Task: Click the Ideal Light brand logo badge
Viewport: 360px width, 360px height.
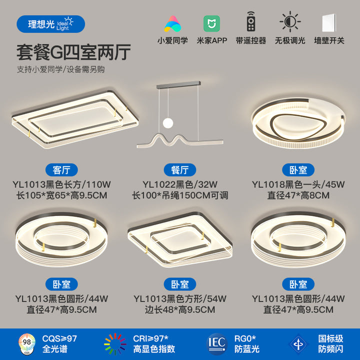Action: coord(50,24)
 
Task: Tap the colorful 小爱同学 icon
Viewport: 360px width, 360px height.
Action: coord(172,24)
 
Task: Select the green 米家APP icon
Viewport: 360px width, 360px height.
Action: coord(211,23)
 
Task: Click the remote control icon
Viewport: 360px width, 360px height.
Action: coord(251,21)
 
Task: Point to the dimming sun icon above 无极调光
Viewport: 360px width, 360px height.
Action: coord(290,21)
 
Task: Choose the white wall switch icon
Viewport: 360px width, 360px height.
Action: coord(329,23)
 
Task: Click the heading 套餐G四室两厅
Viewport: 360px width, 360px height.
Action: coord(73,52)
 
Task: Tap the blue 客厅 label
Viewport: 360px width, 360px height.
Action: coord(61,170)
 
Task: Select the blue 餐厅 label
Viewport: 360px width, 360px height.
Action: coord(180,170)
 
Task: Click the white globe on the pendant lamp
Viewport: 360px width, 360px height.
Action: coord(168,123)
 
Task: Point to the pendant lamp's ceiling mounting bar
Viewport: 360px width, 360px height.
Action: coord(178,84)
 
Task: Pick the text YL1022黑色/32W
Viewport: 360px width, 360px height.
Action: coord(180,184)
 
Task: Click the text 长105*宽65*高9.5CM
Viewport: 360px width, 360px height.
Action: coord(61,195)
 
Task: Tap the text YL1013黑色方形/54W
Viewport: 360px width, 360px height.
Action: coord(180,298)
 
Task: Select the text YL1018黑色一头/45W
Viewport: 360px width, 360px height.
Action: coord(298,184)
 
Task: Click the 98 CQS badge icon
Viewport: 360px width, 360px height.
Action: coord(27,344)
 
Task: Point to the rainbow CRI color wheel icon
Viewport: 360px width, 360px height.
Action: coord(115,344)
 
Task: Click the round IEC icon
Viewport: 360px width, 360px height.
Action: coord(216,344)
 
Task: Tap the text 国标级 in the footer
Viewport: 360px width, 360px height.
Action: coord(330,338)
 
